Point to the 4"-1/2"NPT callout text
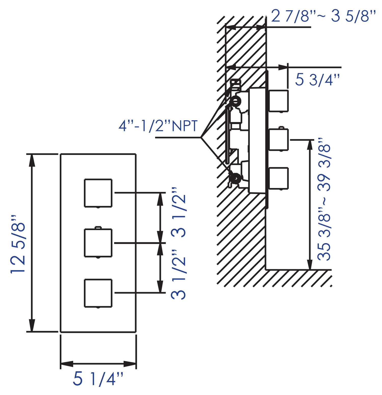[x=158, y=126]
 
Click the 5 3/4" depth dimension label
[x=317, y=80]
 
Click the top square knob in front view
[x=98, y=193]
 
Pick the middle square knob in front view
[x=98, y=243]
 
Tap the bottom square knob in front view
[x=98, y=293]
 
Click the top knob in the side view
[x=279, y=101]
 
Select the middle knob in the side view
[x=279, y=140]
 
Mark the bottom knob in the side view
[x=279, y=178]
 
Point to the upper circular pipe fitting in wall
[x=236, y=101]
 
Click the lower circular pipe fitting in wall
[x=236, y=178]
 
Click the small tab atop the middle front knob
[x=98, y=228]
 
